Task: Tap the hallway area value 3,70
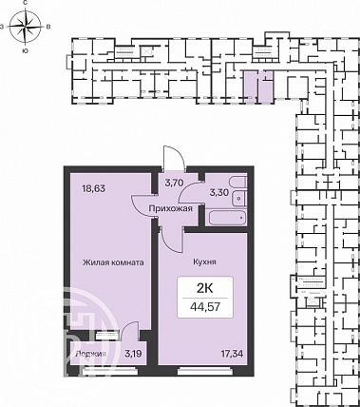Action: [x=175, y=183]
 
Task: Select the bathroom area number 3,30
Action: [x=219, y=192]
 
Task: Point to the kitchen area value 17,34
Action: [x=232, y=354]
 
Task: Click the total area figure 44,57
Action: [x=205, y=307]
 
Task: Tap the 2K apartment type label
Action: [x=205, y=288]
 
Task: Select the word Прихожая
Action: [x=171, y=209]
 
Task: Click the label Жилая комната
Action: [x=113, y=262]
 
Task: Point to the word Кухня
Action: [x=204, y=262]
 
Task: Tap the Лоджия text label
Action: [x=90, y=354]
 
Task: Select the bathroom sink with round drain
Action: [x=238, y=199]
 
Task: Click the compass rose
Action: [x=26, y=26]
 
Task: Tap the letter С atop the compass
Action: [x=25, y=3]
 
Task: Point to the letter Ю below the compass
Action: [x=25, y=50]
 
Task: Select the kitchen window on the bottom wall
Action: [x=205, y=370]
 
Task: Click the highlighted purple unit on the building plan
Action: [x=258, y=87]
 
